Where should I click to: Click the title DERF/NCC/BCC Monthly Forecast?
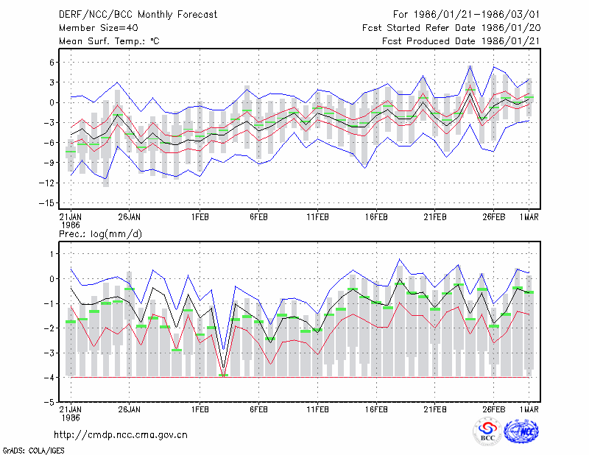tap(138, 15)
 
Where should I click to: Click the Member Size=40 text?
tap(99, 28)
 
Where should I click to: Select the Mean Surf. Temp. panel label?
tap(109, 41)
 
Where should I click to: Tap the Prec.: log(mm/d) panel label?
tap(100, 234)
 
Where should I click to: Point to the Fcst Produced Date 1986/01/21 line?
tap(461, 41)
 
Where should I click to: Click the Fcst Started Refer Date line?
tap(451, 28)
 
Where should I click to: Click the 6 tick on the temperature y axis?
tap(52, 63)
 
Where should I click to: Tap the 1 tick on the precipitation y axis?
tap(52, 254)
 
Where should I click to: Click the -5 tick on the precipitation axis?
tap(49, 402)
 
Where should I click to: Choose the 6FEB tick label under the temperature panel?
tap(259, 217)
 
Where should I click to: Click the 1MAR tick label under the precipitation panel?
tap(529, 409)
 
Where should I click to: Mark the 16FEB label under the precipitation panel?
tap(376, 409)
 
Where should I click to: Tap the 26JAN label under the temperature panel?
tap(130, 217)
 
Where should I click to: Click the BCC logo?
tap(487, 431)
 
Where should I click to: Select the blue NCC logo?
tap(521, 431)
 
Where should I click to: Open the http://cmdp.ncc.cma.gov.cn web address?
tap(121, 435)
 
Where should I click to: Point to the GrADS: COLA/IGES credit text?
tap(34, 451)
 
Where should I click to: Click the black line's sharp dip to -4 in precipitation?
tap(224, 368)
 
